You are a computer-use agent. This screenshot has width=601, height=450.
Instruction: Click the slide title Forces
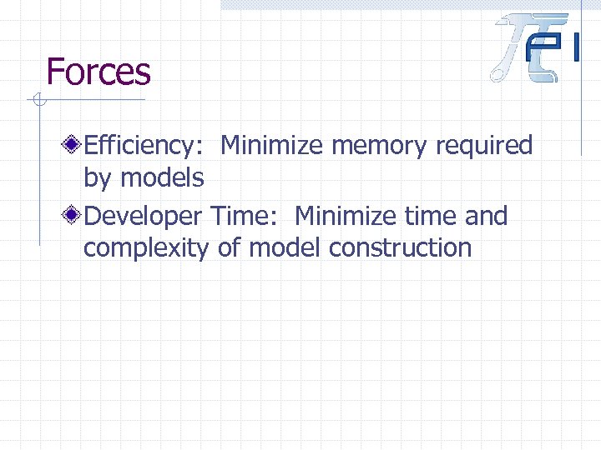coord(98,72)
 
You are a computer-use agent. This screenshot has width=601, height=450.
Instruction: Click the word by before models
coord(98,177)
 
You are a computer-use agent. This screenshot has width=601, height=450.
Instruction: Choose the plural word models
coord(162,177)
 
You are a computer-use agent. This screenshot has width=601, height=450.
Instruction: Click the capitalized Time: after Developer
coord(246,217)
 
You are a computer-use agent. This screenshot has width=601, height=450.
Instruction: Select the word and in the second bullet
coord(486,217)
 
